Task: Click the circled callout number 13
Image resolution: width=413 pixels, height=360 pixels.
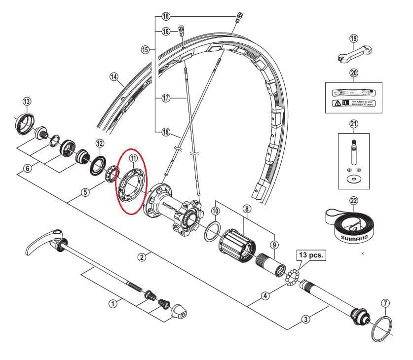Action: tap(27, 102)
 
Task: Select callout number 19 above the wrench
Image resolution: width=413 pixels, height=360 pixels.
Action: tap(353, 38)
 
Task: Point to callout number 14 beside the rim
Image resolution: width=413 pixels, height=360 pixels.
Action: tap(114, 76)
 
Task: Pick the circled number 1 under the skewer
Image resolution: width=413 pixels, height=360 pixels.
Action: tap(113, 303)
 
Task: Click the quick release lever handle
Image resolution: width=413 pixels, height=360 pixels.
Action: tap(41, 241)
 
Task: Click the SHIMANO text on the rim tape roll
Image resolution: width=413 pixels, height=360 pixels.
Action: tap(354, 237)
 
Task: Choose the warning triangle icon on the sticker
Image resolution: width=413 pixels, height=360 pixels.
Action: tap(337, 104)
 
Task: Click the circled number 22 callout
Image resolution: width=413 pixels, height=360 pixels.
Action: tap(353, 201)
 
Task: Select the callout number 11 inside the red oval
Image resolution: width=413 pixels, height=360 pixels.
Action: tap(133, 158)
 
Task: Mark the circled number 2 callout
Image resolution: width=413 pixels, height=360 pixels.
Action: tap(142, 257)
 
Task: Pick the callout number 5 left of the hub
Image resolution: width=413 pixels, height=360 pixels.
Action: tap(86, 192)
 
